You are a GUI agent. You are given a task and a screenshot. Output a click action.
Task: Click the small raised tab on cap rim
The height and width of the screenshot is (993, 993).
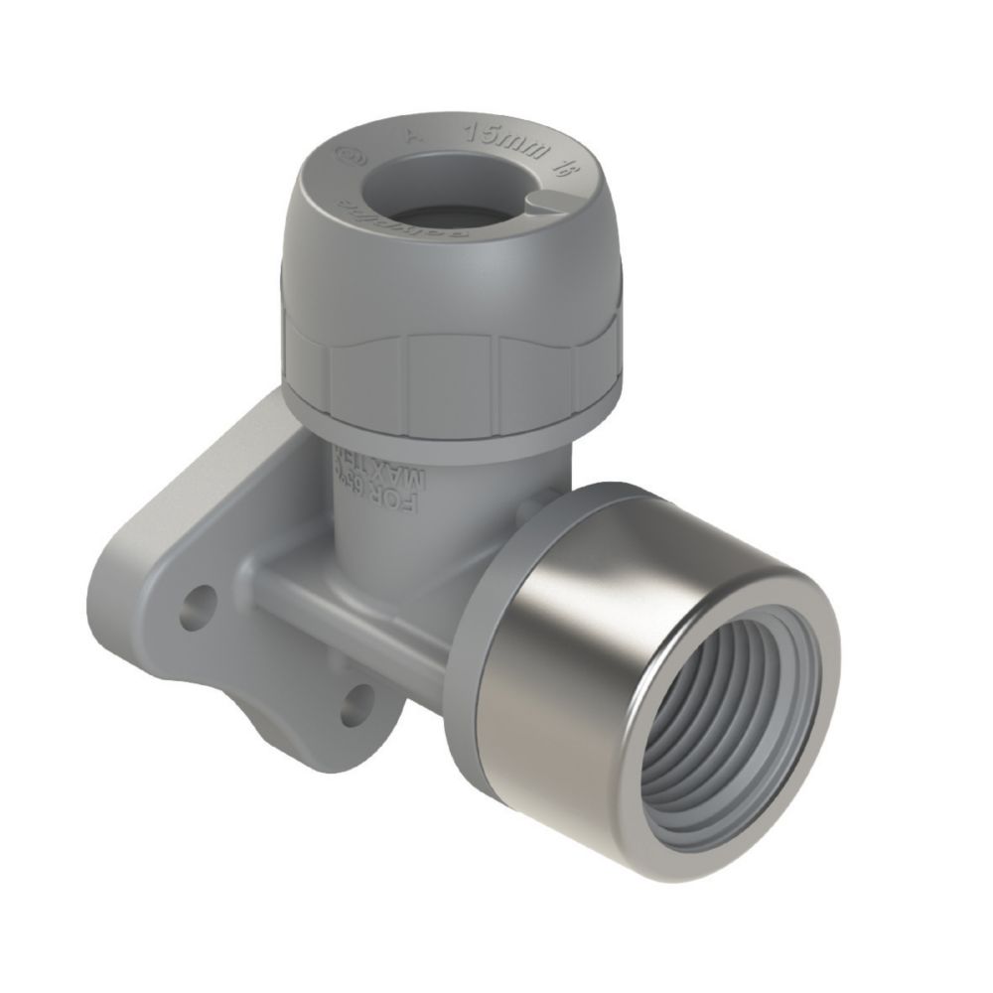pos(542,204)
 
